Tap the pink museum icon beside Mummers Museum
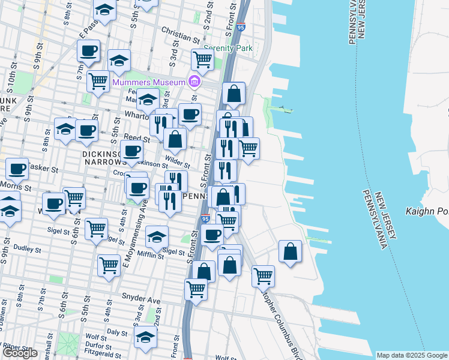(194, 81)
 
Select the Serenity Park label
(228, 49)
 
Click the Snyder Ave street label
(142, 297)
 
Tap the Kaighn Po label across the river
(427, 211)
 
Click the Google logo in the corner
(20, 353)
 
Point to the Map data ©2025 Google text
(412, 355)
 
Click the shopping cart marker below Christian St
(203, 59)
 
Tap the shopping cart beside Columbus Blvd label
(263, 275)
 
